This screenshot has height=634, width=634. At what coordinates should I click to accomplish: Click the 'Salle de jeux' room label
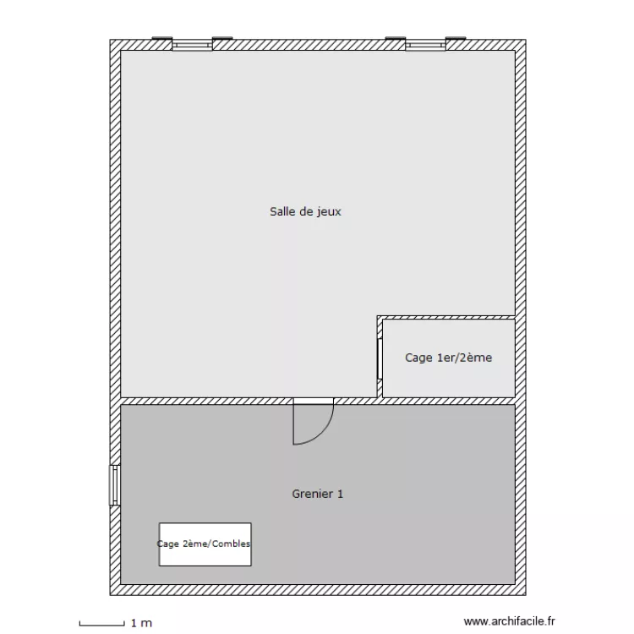pyautogui.click(x=305, y=212)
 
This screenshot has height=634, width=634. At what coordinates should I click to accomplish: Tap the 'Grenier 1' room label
pyautogui.click(x=317, y=494)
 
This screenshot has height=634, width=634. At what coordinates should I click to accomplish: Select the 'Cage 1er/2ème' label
pyautogui.click(x=448, y=358)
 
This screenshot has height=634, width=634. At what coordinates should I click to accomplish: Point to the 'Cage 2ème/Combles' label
pyautogui.click(x=205, y=544)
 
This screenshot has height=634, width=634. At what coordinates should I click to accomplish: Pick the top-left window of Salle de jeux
pyautogui.click(x=192, y=44)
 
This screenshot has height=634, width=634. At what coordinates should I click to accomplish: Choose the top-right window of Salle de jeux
pyautogui.click(x=425, y=44)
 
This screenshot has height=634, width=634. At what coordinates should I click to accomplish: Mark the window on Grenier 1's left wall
pyautogui.click(x=114, y=485)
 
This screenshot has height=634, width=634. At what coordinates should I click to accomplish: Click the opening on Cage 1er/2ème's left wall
pyautogui.click(x=379, y=358)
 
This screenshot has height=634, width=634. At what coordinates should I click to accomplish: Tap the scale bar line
pyautogui.click(x=101, y=623)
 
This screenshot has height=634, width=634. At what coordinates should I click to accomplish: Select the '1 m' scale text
pyautogui.click(x=140, y=623)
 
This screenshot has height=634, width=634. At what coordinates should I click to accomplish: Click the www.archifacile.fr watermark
pyautogui.click(x=510, y=621)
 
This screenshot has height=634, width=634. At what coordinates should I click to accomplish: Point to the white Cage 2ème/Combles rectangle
pyautogui.click(x=205, y=558)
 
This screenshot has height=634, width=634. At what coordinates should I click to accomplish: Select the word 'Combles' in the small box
pyautogui.click(x=231, y=544)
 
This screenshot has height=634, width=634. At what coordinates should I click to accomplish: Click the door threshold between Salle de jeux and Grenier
pyautogui.click(x=313, y=401)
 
